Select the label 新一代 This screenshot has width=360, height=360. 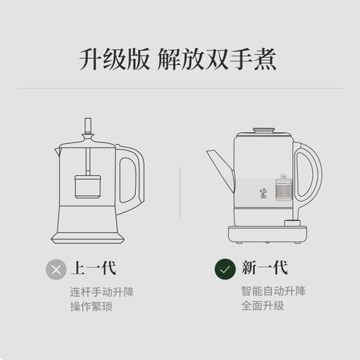point(264,268)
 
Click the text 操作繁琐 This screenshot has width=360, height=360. point(86,305)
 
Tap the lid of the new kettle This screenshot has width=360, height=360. point(262,131)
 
